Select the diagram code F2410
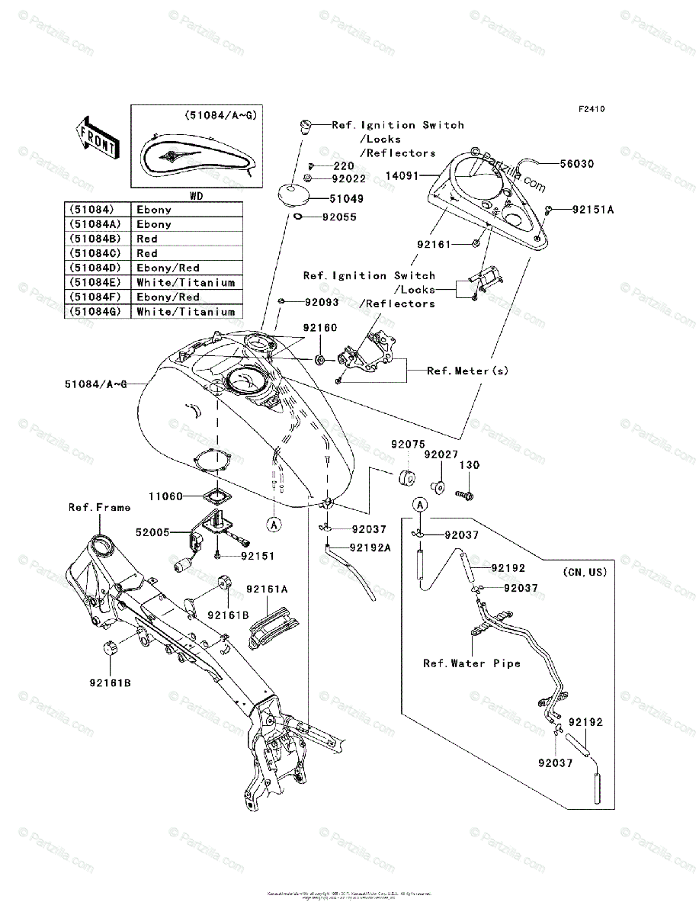coord(591,109)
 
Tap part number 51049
coord(346,198)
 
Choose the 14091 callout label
coord(403,175)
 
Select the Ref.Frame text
coord(99,507)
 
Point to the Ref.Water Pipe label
coord(472,663)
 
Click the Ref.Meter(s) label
coord(467,371)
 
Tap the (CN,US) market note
coord(585,571)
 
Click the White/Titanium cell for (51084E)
coord(185,282)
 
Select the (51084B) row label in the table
coord(91,239)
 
